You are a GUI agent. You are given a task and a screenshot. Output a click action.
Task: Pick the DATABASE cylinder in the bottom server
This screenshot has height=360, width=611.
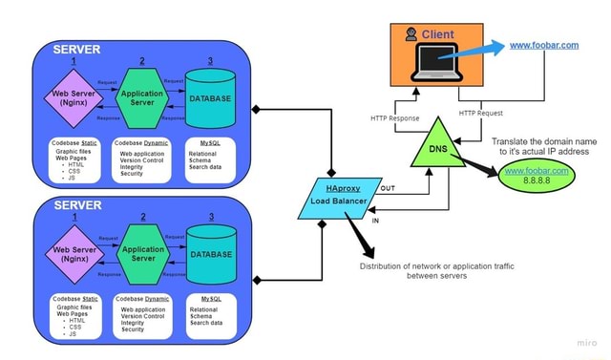[210, 253]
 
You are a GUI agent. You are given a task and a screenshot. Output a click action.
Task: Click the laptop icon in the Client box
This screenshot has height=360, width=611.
[436, 63]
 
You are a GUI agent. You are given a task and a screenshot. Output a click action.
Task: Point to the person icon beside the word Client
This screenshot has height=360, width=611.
[411, 34]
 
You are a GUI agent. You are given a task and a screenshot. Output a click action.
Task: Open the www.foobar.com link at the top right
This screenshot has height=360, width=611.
[544, 45]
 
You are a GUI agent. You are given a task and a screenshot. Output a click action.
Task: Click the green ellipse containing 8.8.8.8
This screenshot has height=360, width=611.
[534, 177]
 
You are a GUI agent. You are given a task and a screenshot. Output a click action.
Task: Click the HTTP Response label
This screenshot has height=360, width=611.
[395, 118]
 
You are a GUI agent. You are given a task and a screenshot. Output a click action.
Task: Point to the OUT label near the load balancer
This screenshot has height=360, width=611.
[387, 189]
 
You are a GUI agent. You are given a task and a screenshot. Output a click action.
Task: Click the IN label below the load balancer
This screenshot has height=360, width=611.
[374, 220]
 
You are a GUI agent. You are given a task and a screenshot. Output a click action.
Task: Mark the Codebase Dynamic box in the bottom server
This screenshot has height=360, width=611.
[142, 314]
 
